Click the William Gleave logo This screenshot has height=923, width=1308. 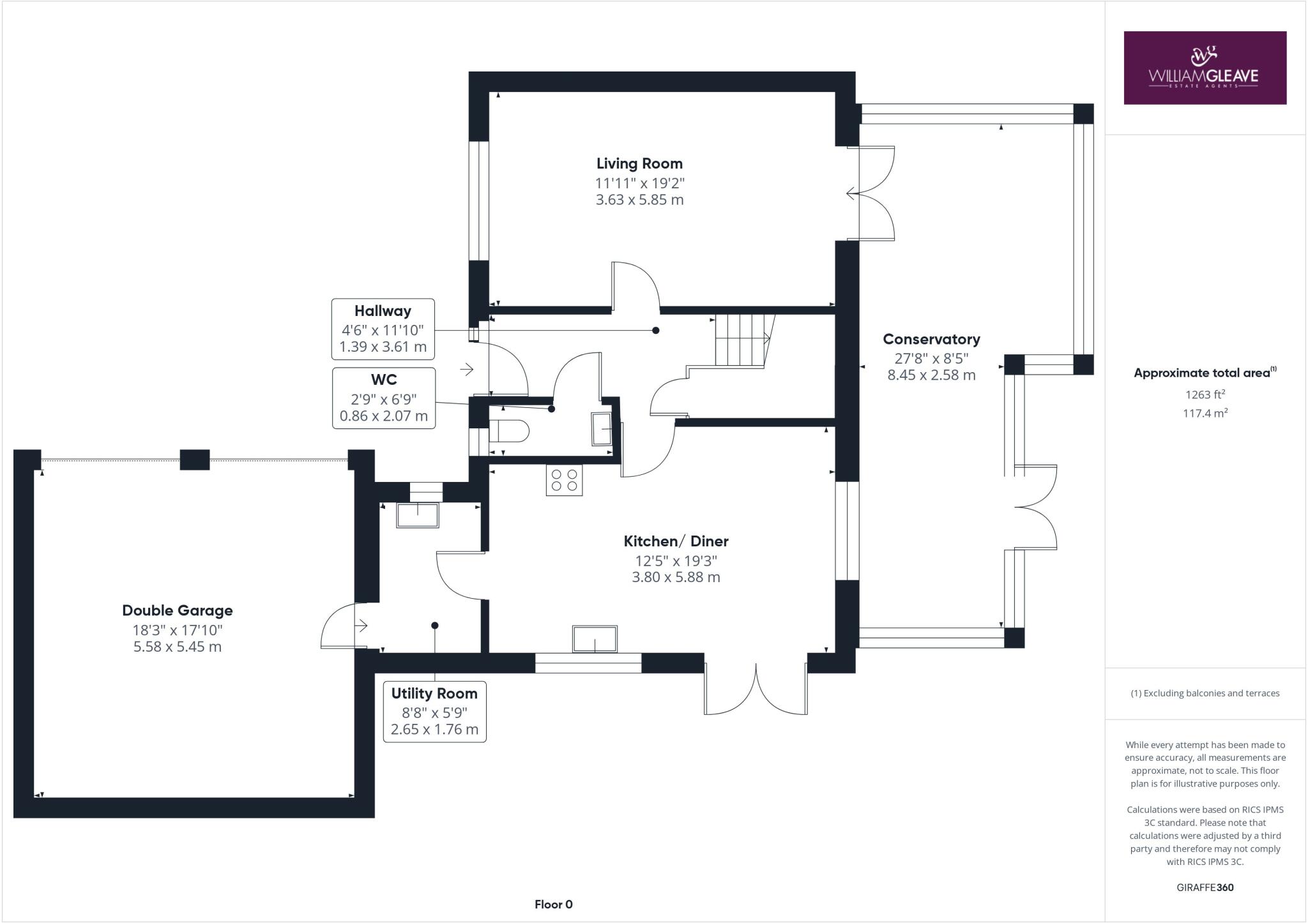1205,68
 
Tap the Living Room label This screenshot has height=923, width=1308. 639,163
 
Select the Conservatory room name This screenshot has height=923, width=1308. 931,340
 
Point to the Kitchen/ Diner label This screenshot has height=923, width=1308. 676,541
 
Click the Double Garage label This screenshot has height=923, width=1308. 178,611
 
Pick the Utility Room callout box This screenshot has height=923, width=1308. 434,712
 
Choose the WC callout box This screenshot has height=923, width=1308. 383,398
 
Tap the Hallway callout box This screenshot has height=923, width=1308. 383,329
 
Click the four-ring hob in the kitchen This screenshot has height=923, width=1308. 564,481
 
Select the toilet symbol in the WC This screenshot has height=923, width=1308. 509,431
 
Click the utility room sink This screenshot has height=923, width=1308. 418,516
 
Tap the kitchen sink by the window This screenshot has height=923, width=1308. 595,639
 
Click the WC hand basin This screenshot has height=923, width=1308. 602,429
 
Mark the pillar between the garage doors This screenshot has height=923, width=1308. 195,460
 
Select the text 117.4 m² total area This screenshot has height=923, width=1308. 1205,414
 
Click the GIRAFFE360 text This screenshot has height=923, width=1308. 1205,887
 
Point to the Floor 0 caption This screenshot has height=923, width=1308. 554,904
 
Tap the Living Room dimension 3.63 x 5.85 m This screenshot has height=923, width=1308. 639,200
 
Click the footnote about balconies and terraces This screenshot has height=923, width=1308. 1205,693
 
